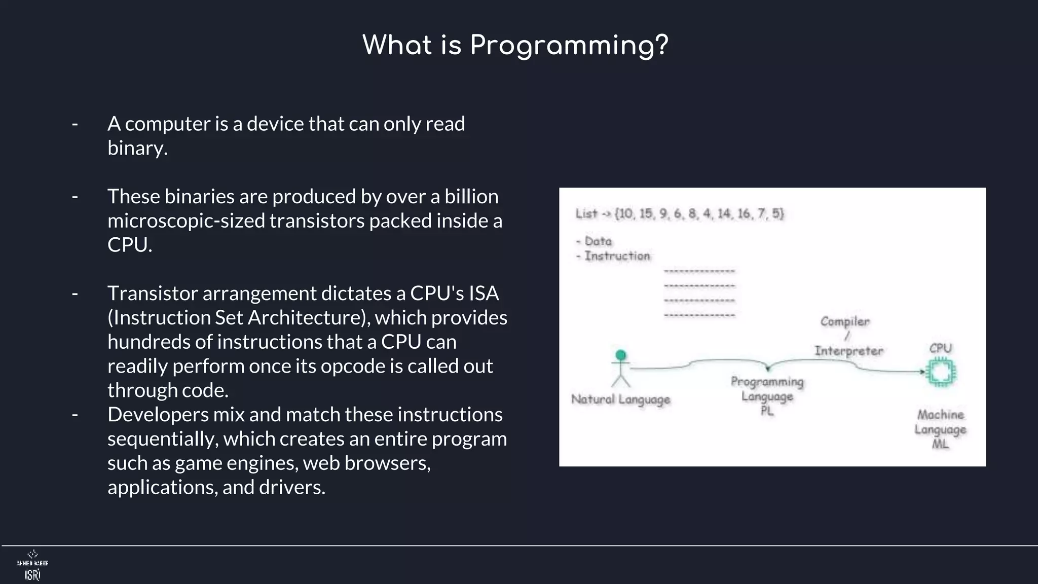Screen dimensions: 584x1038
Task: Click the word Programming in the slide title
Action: pyautogui.click(x=569, y=46)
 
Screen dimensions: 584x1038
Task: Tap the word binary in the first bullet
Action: pyautogui.click(x=137, y=148)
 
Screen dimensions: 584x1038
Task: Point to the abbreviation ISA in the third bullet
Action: pyautogui.click(x=484, y=293)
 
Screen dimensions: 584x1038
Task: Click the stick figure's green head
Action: pyautogui.click(x=620, y=355)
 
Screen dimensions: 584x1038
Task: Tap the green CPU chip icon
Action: pyautogui.click(x=940, y=373)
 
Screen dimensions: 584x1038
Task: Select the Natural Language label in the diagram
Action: pyautogui.click(x=620, y=399)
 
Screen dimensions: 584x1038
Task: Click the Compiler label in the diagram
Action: pyautogui.click(x=845, y=321)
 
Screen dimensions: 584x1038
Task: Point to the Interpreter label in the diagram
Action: pyautogui.click(x=849, y=351)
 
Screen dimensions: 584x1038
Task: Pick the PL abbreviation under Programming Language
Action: pyautogui.click(x=767, y=411)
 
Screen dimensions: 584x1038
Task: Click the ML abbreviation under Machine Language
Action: pyautogui.click(x=940, y=444)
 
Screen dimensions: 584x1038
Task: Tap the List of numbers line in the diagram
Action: pyautogui.click(x=680, y=213)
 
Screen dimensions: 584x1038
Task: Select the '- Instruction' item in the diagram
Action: pyautogui.click(x=613, y=256)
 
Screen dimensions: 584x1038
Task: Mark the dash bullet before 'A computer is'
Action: pyautogui.click(x=75, y=124)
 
